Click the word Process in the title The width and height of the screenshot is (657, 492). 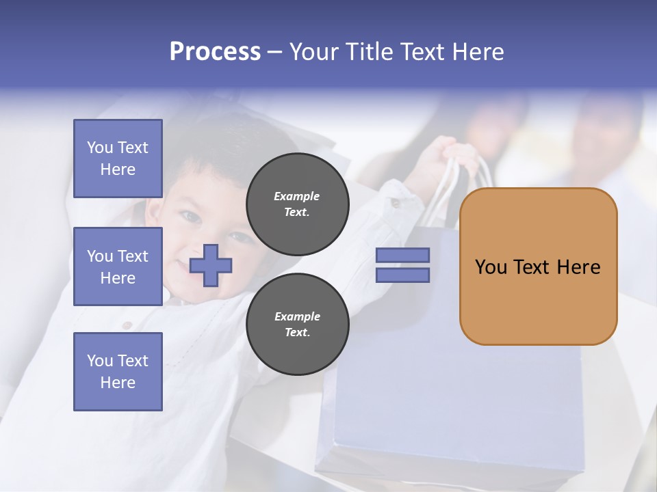215,52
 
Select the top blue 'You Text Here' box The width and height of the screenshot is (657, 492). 118,159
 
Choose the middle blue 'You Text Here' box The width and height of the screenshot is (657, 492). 118,266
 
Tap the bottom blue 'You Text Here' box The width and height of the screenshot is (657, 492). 118,372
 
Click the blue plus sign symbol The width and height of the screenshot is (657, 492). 211,265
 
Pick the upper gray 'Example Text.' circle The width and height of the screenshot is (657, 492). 297,204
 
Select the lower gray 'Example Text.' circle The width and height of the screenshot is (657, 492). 297,324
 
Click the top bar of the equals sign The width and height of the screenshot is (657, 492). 402,255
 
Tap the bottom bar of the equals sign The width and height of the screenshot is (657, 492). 402,275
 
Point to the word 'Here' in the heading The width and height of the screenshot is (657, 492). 476,52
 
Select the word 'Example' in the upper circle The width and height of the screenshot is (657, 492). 297,196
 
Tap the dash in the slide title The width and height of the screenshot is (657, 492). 275,52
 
